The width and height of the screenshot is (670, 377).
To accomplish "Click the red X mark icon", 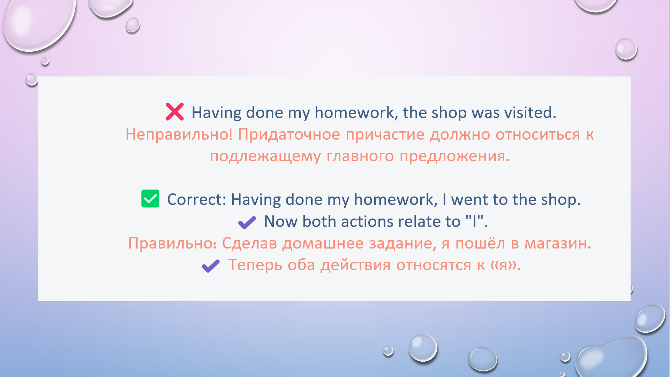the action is coord(174,112).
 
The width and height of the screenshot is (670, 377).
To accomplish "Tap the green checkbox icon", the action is coord(150,199).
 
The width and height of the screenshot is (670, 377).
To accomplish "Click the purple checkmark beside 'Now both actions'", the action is coord(247,222).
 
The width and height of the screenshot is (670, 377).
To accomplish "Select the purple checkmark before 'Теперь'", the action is coord(211,266).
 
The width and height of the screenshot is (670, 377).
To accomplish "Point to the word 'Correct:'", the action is coord(197,200).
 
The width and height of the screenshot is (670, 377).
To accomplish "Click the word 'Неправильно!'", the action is coord(179,134).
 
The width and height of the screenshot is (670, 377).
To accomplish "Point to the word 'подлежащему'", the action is coord(265,157).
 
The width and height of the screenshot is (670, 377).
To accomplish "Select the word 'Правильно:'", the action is coord(173,244).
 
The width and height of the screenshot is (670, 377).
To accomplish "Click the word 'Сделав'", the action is coord(249,244).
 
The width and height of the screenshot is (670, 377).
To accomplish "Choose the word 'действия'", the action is coord(356,265).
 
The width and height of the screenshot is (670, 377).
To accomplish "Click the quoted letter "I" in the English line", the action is coord(474,222).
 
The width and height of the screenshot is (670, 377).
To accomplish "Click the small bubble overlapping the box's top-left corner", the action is coord(32,79).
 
